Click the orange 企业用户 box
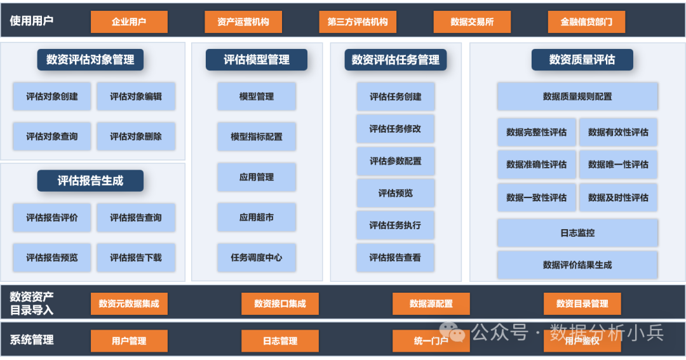point(129,22)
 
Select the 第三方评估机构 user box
point(358,22)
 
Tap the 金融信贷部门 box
point(586,22)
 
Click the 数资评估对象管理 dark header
point(90,60)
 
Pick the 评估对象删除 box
point(136,137)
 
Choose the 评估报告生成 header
point(90,181)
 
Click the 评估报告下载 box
point(136,258)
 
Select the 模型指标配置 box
point(257,137)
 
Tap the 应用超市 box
point(257,217)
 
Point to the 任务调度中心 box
point(257,258)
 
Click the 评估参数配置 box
point(395,161)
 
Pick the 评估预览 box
point(395,193)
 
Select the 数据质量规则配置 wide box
point(577,97)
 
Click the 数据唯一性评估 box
point(618,164)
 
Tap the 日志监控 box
point(577,233)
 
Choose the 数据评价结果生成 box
point(577,265)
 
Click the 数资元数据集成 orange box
point(129,303)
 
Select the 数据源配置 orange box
point(431,303)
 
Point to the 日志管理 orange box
point(280,341)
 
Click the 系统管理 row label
point(32,340)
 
